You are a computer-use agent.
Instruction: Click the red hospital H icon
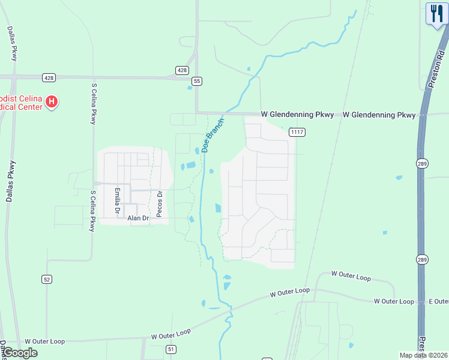pyautogui.click(x=52, y=101)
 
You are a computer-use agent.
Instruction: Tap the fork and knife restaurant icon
pyautogui.click(x=436, y=14)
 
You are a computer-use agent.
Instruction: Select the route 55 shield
pyautogui.click(x=196, y=81)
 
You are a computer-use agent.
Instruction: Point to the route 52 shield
pyautogui.click(x=47, y=279)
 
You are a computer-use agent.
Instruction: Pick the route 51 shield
pyautogui.click(x=171, y=349)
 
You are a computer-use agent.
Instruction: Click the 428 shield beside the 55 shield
pyautogui.click(x=182, y=70)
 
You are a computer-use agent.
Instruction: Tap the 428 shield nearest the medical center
pyautogui.click(x=49, y=77)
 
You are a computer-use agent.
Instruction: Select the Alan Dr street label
pyautogui.click(x=138, y=218)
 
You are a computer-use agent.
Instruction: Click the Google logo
pyautogui.click(x=19, y=353)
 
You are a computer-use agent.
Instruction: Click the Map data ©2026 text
pyautogui.click(x=423, y=355)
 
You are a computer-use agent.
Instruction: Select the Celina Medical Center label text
pyautogui.click(x=21, y=102)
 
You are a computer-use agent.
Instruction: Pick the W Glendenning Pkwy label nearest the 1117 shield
pyautogui.click(x=297, y=115)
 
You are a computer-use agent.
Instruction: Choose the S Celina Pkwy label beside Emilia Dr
pyautogui.click(x=92, y=211)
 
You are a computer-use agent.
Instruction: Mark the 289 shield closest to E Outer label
pyautogui.click(x=422, y=259)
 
